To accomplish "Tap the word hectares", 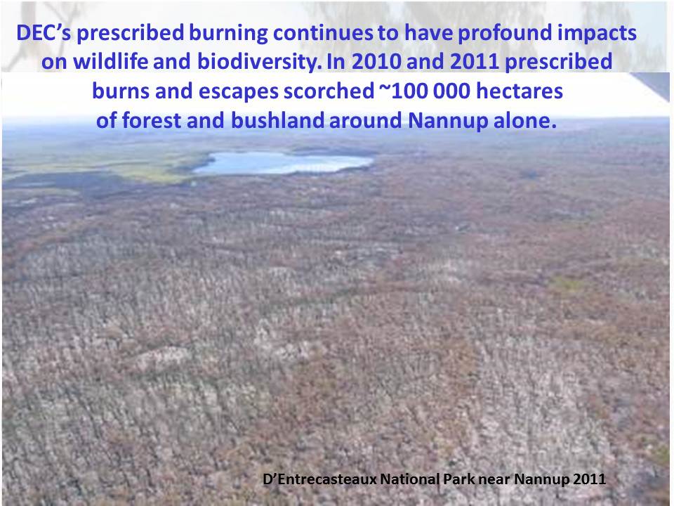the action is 520,91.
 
